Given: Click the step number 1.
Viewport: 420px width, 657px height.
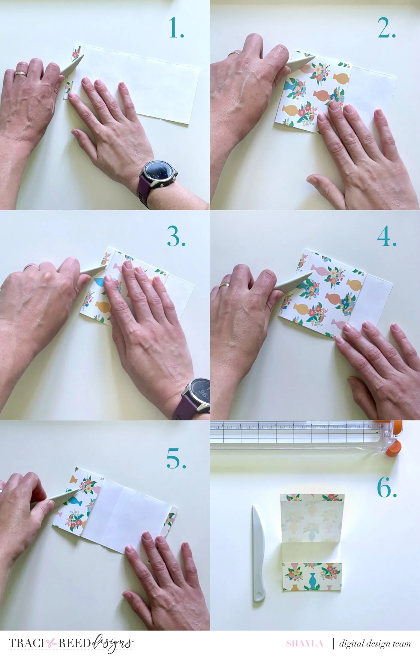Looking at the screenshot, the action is pos(177,28).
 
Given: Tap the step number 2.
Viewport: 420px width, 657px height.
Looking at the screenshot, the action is pos(387,28).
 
